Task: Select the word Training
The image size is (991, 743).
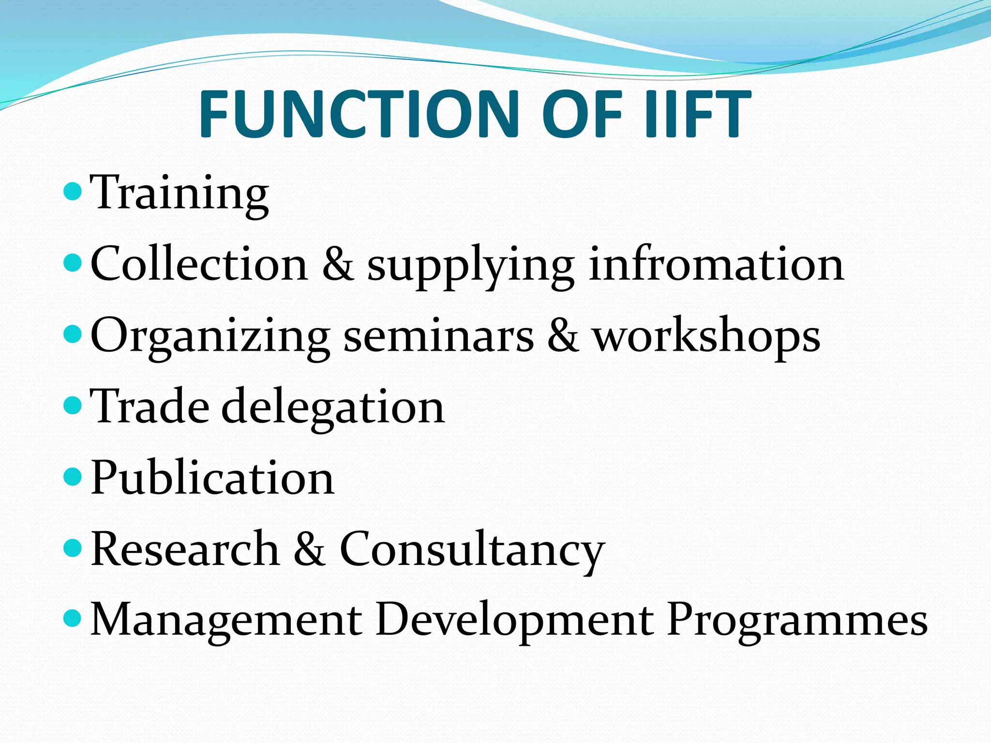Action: coord(180,193)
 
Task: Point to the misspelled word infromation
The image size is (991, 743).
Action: coord(716,265)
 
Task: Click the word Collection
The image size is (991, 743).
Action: coord(199,265)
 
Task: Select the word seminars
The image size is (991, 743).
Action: coord(438,336)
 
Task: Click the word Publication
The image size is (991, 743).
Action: coord(212,478)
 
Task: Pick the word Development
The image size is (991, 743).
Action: coord(515,621)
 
